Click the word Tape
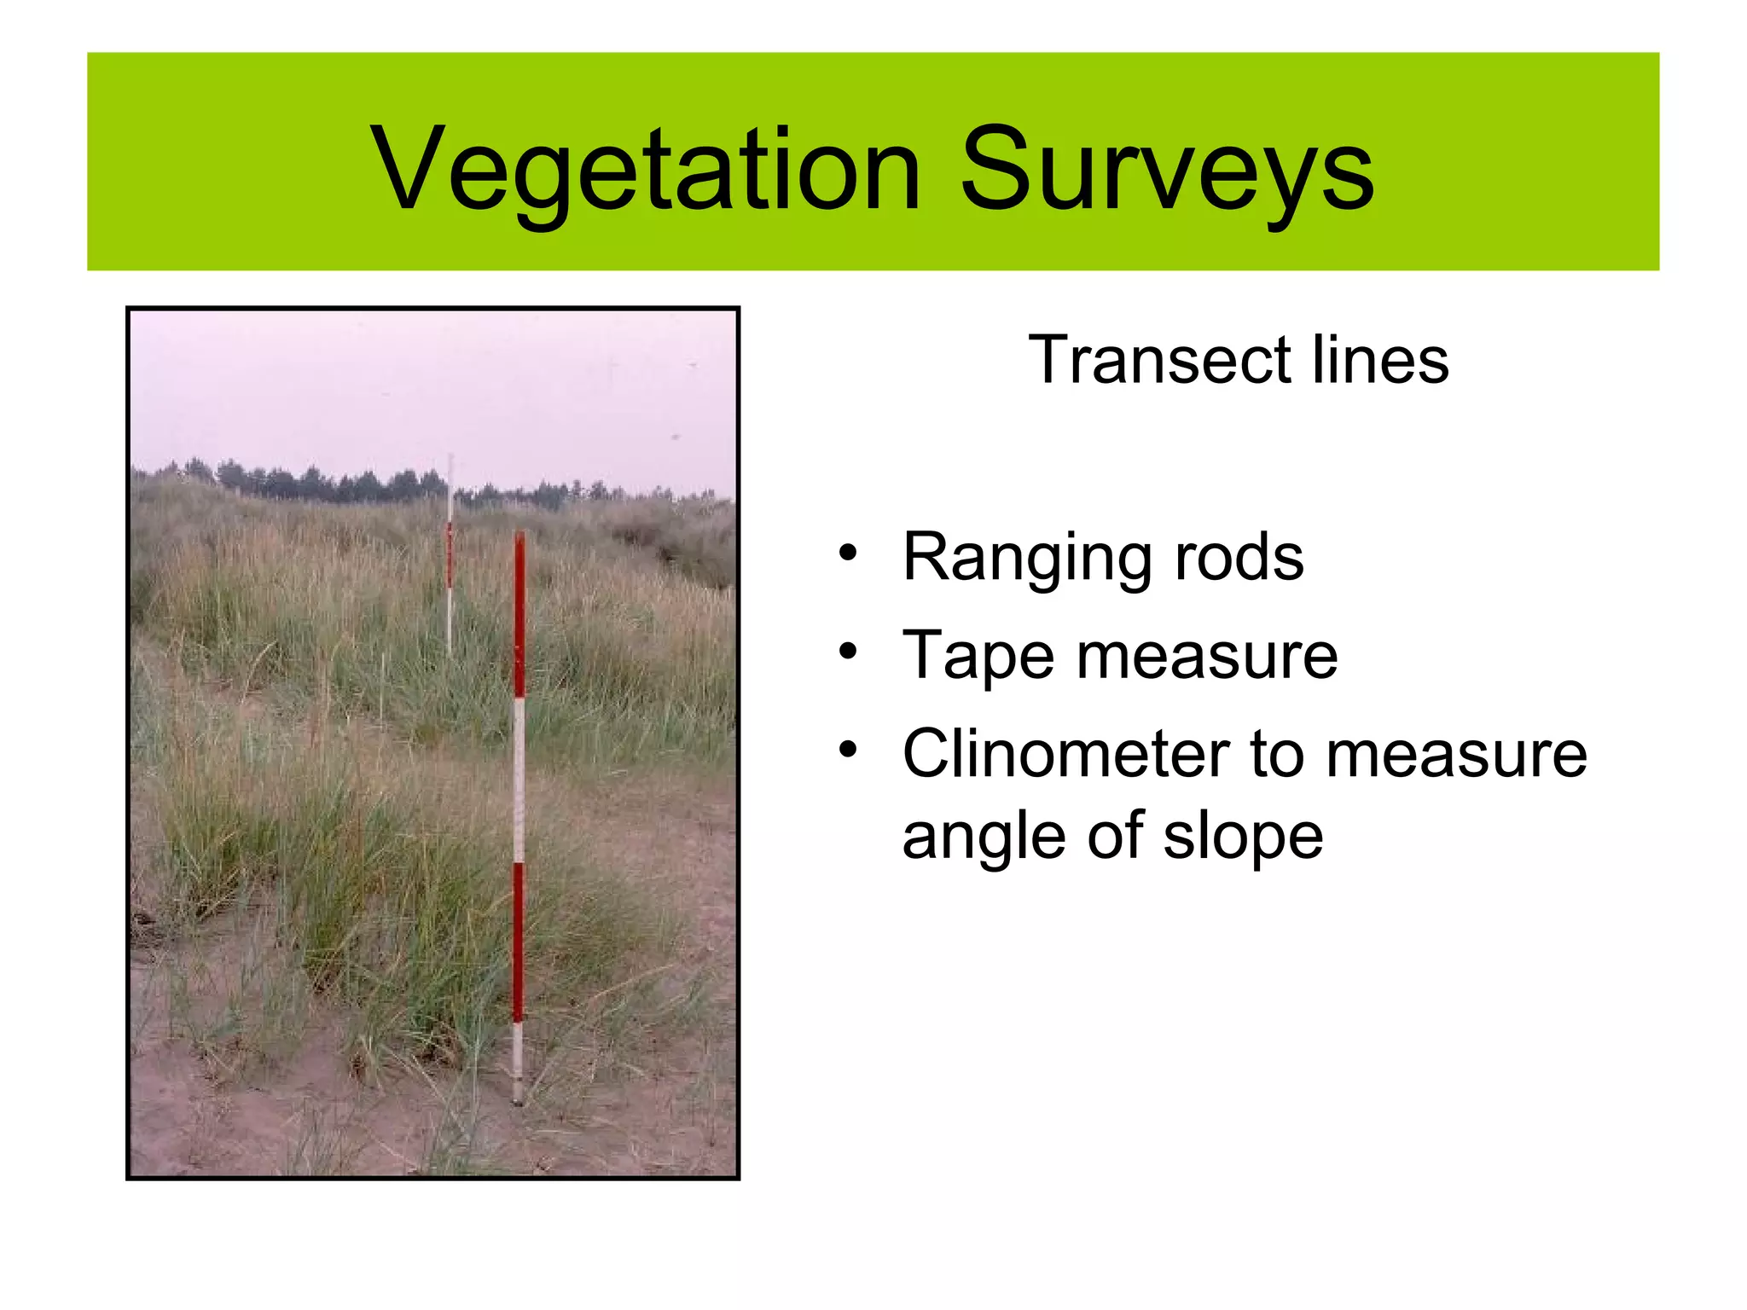978,656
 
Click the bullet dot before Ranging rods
847,554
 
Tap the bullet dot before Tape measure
847,652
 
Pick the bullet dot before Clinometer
847,751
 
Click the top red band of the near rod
519,614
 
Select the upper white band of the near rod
519,780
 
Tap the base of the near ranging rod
517,1096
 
